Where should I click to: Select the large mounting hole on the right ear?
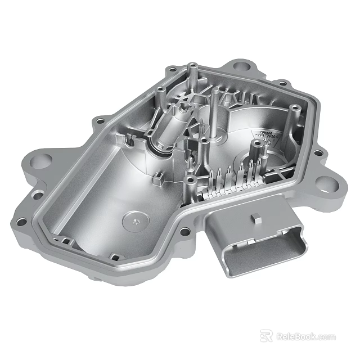tap(326, 182)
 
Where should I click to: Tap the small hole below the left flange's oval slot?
tap(22, 221)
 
